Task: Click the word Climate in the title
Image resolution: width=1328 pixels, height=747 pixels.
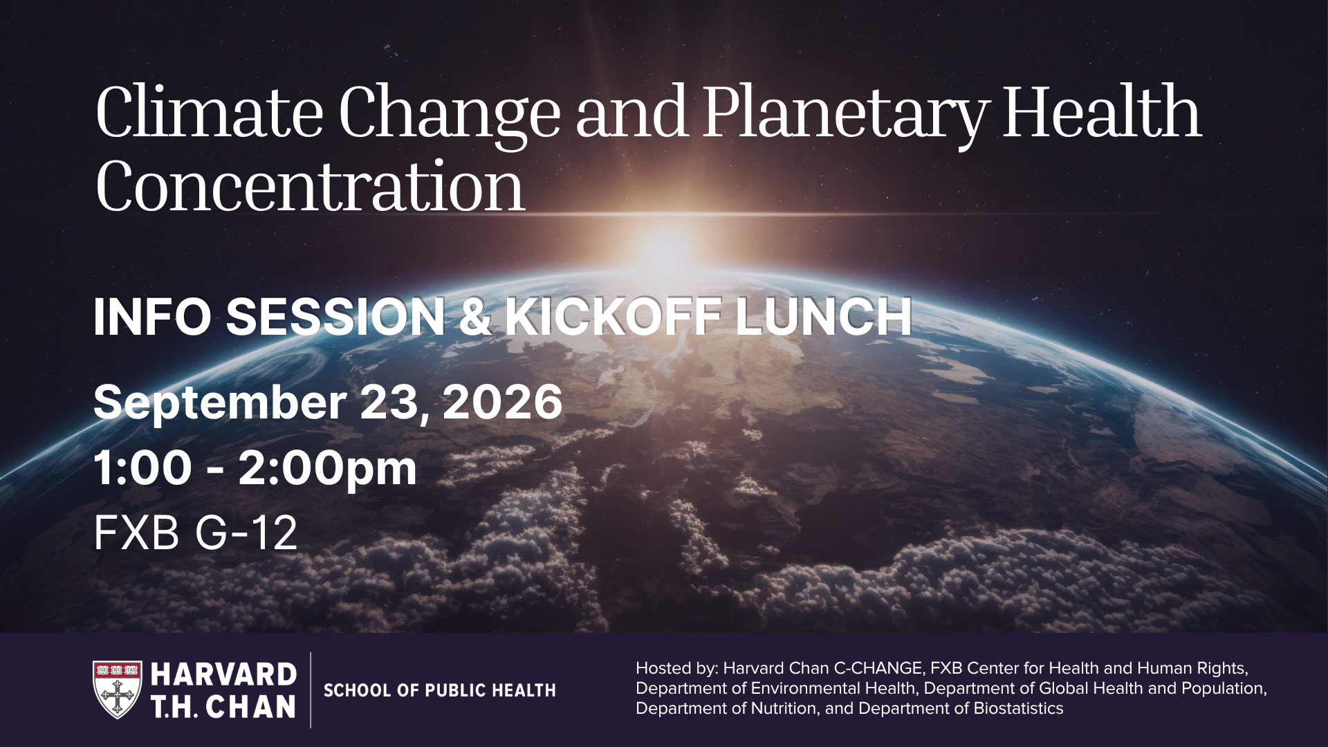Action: click(x=210, y=112)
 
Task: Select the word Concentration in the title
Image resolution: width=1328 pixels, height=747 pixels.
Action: click(x=310, y=186)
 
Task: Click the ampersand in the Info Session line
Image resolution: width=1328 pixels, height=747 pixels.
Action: click(x=475, y=317)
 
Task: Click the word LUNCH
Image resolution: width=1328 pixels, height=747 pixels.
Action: click(x=823, y=317)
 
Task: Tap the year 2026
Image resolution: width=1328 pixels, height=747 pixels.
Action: click(x=503, y=402)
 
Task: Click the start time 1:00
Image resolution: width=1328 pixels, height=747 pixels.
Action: click(x=142, y=468)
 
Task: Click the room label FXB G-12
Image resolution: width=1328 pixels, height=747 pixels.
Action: click(x=196, y=533)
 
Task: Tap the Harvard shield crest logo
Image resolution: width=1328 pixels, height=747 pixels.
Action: click(x=118, y=690)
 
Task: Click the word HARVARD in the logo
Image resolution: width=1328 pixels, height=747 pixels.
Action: click(x=223, y=674)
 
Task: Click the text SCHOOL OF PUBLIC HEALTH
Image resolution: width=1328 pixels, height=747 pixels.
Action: click(x=440, y=690)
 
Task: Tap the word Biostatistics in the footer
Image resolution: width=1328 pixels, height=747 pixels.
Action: click(x=1018, y=708)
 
